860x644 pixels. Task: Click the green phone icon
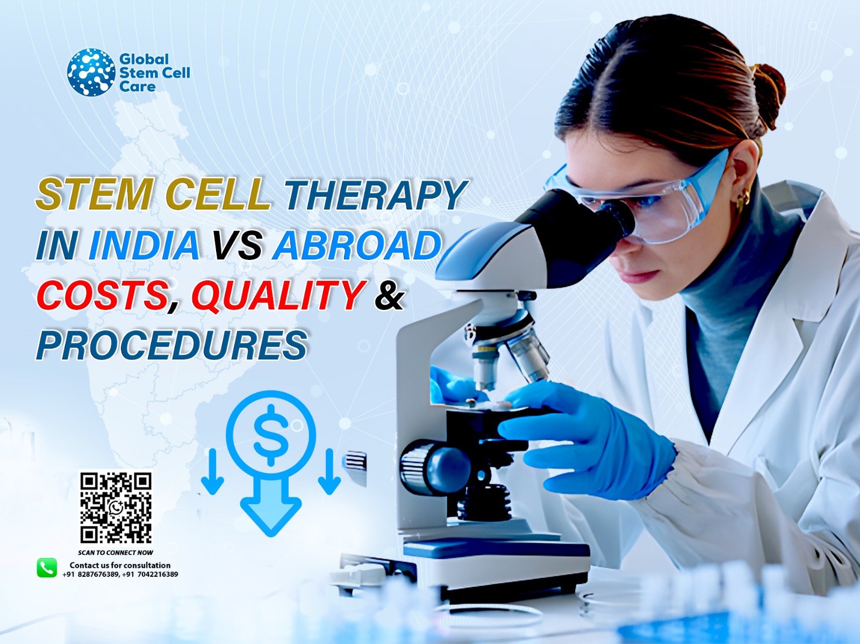click(x=47, y=568)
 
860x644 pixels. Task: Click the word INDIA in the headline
click(x=144, y=245)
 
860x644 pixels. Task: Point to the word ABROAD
click(x=357, y=245)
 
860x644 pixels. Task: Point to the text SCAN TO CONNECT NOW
click(x=116, y=553)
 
